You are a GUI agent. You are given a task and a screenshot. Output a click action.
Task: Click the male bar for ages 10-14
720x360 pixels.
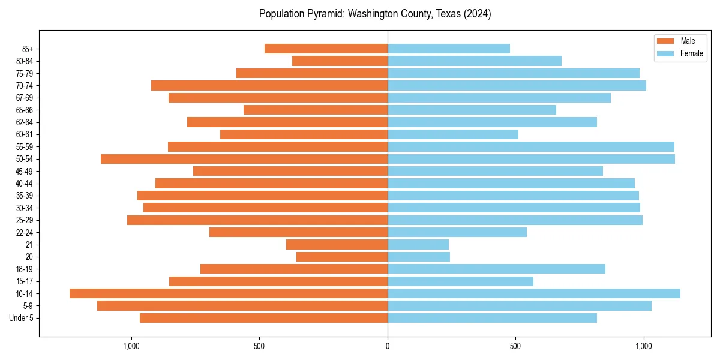tap(228, 293)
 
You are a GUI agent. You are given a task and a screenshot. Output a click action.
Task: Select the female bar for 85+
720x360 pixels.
tap(449, 49)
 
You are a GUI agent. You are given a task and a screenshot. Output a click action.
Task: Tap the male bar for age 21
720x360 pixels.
tap(337, 244)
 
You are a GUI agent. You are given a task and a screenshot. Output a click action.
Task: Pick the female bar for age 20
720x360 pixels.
tap(419, 257)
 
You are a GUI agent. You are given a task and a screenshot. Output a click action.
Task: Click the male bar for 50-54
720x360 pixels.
tap(244, 159)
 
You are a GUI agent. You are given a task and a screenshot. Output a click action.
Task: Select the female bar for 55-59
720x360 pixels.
tap(531, 146)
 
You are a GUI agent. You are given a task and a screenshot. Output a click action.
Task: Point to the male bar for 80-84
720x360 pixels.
tap(340, 61)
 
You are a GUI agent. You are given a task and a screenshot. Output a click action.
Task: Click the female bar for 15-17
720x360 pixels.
tap(460, 281)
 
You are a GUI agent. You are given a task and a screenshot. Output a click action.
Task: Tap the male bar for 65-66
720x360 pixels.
tap(316, 110)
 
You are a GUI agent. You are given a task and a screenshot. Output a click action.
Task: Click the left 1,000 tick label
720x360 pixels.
tap(131, 346)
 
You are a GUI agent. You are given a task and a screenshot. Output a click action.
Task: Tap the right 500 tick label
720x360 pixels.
tap(515, 346)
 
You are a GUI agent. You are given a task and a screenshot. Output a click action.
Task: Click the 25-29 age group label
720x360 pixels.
tap(25, 220)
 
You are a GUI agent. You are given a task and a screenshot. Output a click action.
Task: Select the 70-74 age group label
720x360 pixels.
tap(25, 85)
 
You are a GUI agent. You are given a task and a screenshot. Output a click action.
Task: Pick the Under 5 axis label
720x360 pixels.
tap(22, 318)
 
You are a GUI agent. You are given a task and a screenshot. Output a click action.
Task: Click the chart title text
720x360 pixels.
tap(375, 14)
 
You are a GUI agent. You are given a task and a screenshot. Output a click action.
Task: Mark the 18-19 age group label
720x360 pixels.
tap(25, 269)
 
